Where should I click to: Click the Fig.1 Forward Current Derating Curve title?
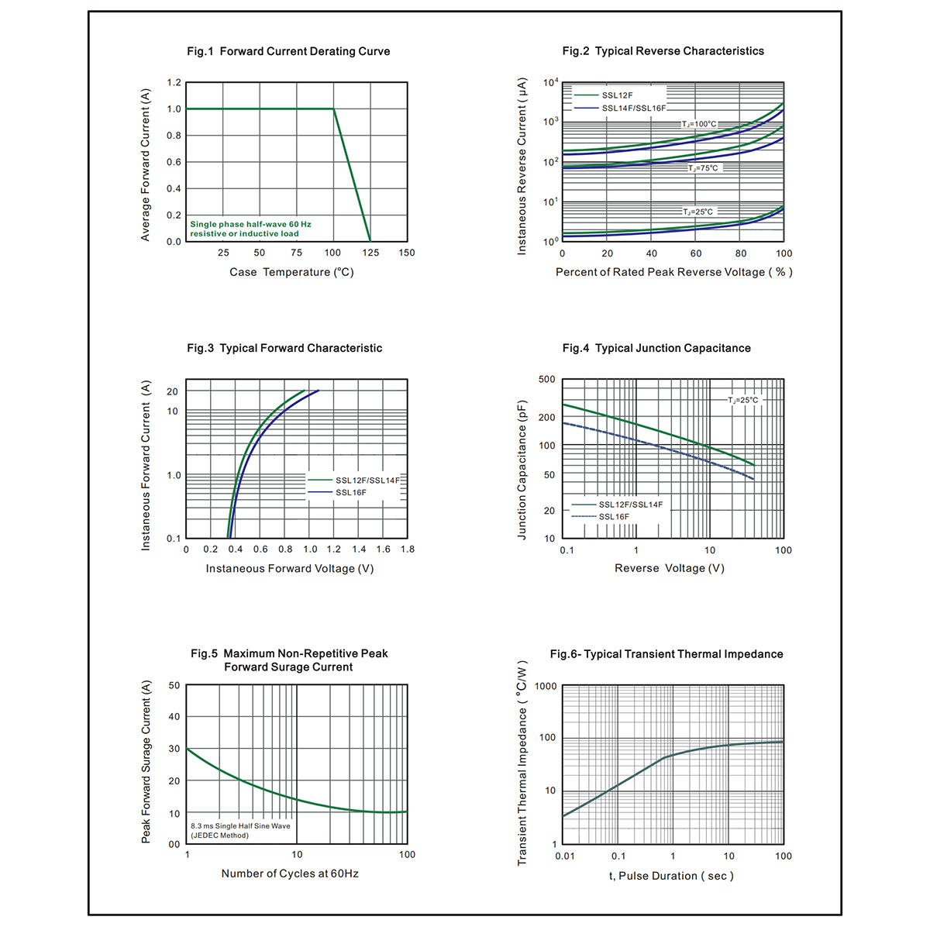[x=288, y=51]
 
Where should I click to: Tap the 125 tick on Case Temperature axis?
[x=370, y=253]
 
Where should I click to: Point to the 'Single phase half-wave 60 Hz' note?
[x=250, y=224]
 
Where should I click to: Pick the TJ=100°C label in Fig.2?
[x=699, y=124]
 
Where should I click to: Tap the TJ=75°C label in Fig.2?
[x=703, y=168]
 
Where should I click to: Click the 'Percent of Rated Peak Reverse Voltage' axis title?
[x=673, y=272]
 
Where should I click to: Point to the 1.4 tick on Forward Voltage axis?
[x=359, y=550]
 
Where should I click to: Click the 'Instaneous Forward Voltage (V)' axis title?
[x=290, y=568]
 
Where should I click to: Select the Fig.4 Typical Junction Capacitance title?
[x=656, y=348]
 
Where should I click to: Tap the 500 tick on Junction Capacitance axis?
[x=547, y=380]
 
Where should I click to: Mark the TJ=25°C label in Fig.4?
[x=742, y=400]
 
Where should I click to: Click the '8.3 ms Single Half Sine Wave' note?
[x=240, y=826]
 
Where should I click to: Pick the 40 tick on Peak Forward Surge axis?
[x=174, y=717]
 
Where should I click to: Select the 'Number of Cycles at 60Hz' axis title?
[x=290, y=873]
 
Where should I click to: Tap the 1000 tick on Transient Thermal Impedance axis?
[x=546, y=687]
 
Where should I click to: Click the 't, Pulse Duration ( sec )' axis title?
[x=671, y=876]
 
